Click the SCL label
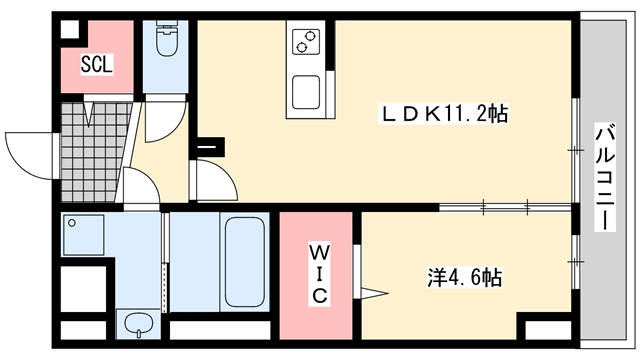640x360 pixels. [x=96, y=64]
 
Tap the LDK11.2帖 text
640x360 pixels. [x=444, y=114]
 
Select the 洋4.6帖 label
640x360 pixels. [x=464, y=278]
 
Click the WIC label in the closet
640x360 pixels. [x=319, y=274]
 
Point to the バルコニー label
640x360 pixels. [x=605, y=178]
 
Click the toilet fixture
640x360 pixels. [x=167, y=39]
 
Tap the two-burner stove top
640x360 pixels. [x=306, y=42]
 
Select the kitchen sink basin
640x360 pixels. [x=306, y=92]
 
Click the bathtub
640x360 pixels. [x=244, y=262]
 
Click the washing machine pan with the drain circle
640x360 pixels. [x=83, y=235]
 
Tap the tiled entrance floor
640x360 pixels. [x=93, y=152]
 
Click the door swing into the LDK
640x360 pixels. [x=216, y=179]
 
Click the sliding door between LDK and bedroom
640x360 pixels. [x=505, y=207]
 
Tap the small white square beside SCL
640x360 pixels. [x=70, y=29]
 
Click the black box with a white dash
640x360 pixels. [x=210, y=147]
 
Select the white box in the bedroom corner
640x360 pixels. [x=548, y=330]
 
